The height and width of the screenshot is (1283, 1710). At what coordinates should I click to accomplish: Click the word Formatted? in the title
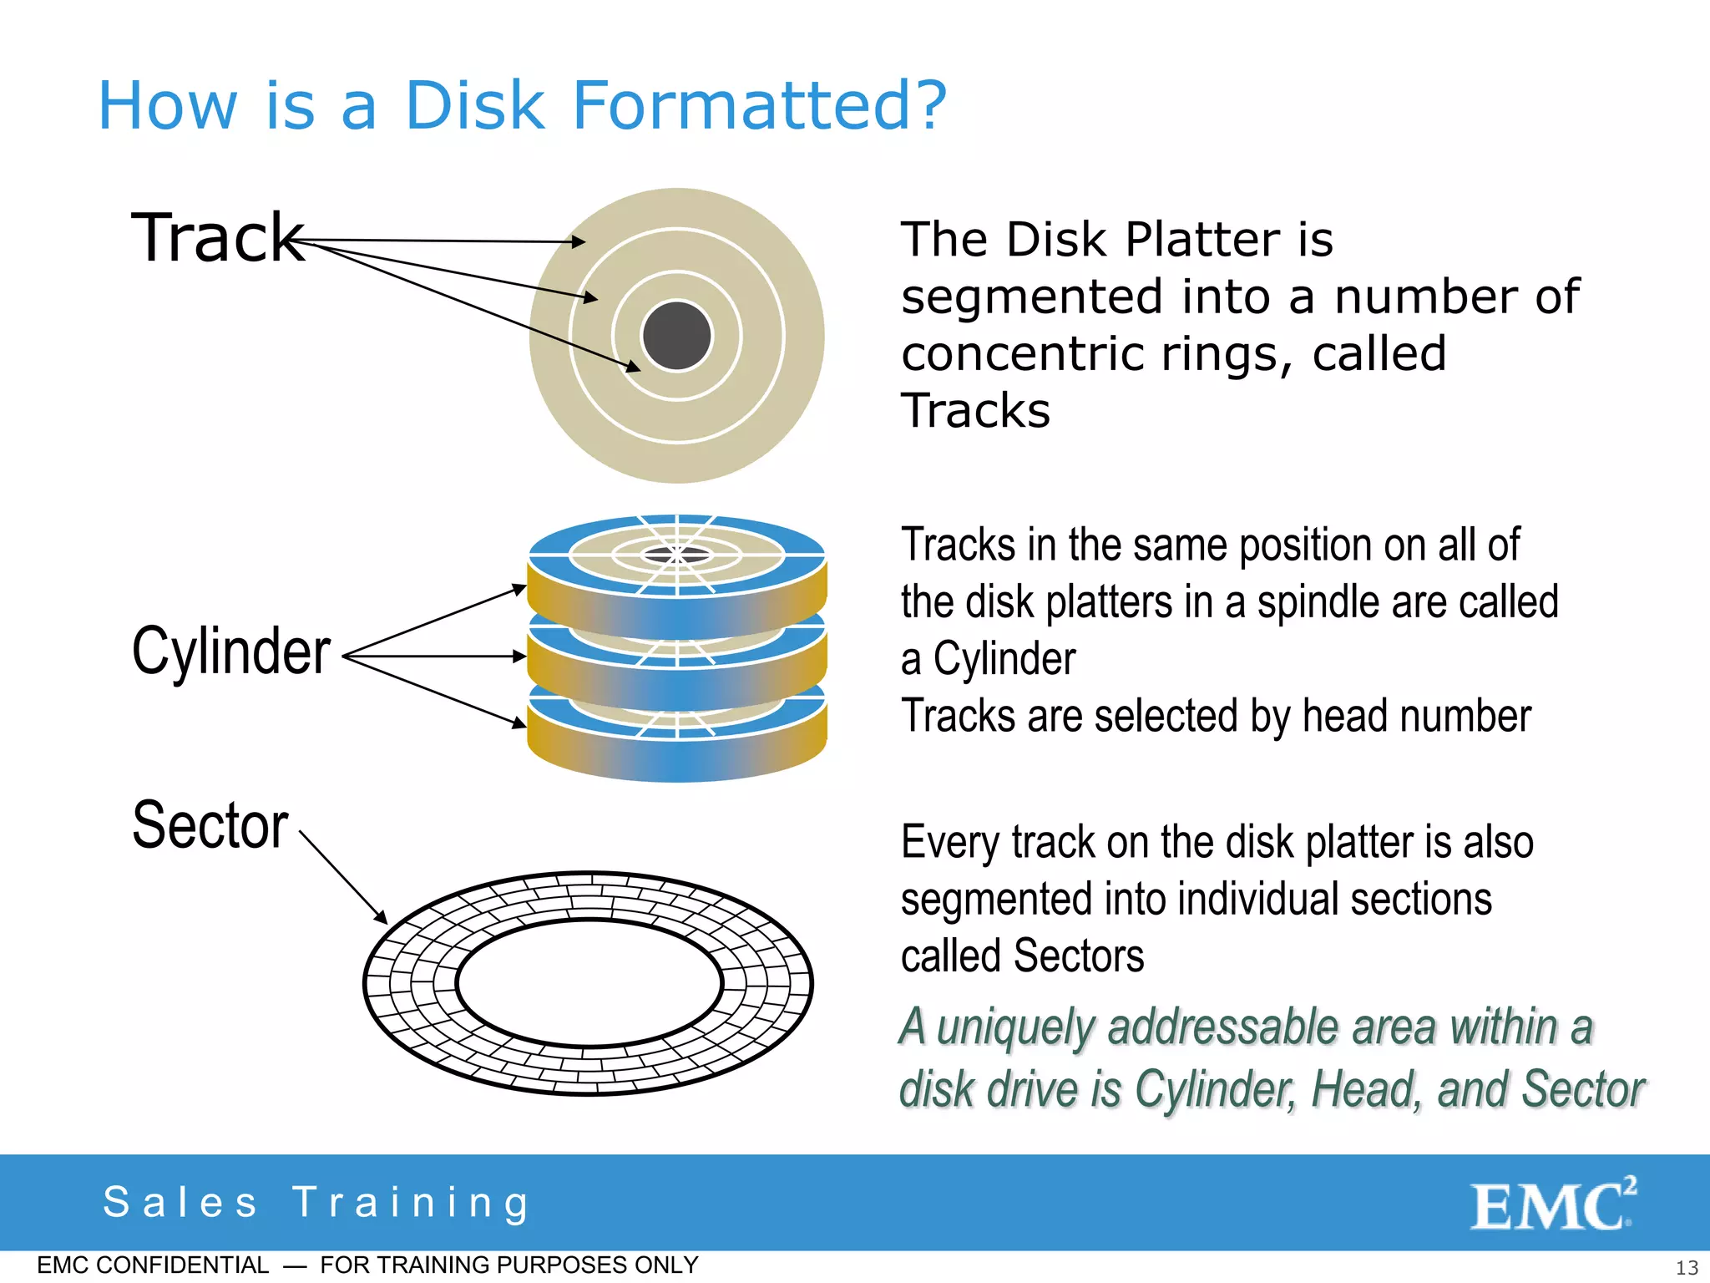(759, 106)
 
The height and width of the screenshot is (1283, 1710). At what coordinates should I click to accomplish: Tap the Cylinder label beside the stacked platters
(231, 652)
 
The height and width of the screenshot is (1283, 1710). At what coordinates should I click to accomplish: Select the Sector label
(210, 825)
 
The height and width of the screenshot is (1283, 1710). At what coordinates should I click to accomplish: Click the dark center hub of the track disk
(676, 336)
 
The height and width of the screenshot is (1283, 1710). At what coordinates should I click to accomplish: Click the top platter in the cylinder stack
(676, 576)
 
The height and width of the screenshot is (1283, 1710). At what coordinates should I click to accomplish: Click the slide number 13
(1687, 1267)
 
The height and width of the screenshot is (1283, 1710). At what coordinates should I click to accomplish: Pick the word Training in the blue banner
(412, 1203)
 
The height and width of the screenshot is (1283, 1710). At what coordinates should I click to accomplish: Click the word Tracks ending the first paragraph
(975, 411)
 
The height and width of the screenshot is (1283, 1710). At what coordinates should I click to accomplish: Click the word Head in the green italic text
(1366, 1089)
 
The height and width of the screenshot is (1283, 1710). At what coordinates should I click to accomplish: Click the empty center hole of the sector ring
(589, 983)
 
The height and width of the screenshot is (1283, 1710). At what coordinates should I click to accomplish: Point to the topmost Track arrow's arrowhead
(580, 242)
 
